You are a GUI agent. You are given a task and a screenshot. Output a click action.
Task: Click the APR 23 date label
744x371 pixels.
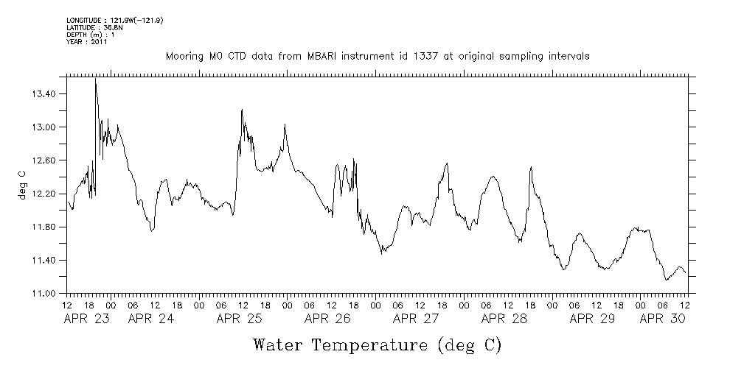87,319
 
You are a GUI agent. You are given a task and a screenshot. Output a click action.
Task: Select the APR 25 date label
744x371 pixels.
240,319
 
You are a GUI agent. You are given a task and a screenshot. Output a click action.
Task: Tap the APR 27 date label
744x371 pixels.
416,319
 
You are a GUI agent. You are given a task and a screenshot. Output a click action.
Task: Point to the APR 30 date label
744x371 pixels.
661,319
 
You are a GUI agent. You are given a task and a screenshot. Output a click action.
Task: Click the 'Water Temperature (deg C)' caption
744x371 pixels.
377,344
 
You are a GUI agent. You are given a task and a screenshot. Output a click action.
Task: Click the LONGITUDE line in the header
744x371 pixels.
114,21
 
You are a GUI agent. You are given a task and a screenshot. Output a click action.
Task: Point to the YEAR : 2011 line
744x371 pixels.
88,42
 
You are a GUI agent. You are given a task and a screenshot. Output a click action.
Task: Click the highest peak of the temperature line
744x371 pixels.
96,79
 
